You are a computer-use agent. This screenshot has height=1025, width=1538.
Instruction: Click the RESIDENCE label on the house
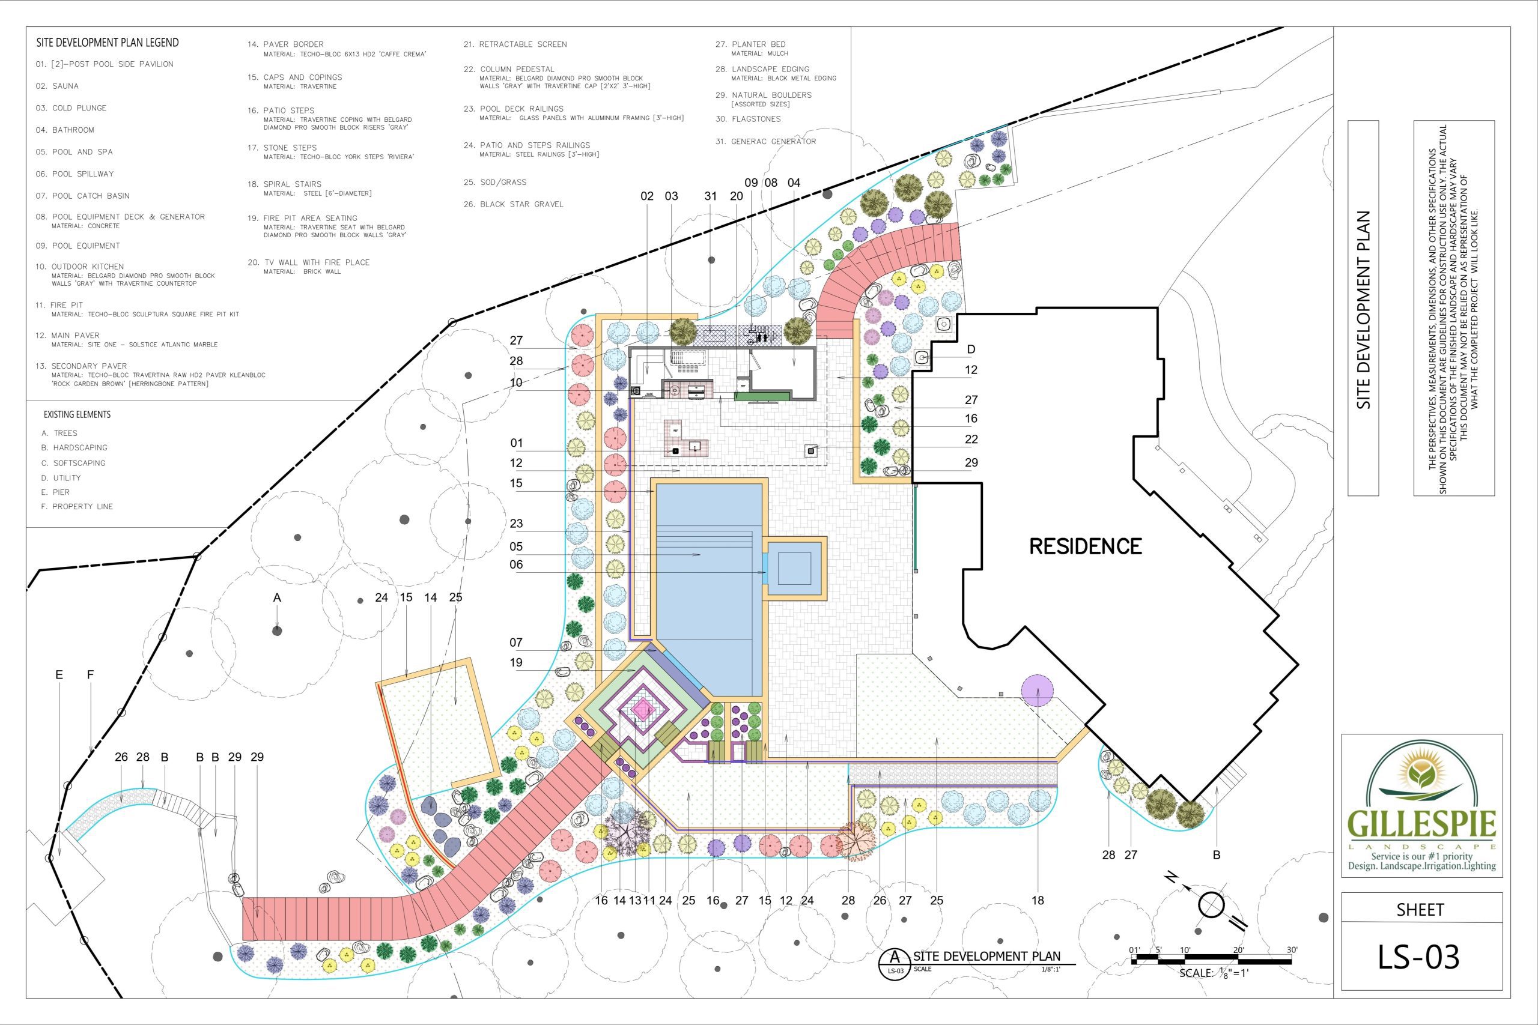pyautogui.click(x=1086, y=546)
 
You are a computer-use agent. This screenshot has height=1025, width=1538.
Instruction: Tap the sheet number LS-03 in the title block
pyautogui.click(x=1418, y=957)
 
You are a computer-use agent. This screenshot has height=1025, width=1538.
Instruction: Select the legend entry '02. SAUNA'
pyautogui.click(x=57, y=86)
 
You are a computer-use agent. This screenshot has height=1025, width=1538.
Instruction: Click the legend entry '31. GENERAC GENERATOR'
pyautogui.click(x=766, y=141)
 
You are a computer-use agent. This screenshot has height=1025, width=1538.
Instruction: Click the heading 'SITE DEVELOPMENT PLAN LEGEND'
pyautogui.click(x=108, y=43)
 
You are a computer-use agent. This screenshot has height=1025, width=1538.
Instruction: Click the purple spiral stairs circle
pyautogui.click(x=1037, y=691)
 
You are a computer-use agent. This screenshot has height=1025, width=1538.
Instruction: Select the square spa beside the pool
pyautogui.click(x=794, y=568)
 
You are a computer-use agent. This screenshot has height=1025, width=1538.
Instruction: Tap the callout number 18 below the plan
pyautogui.click(x=1038, y=900)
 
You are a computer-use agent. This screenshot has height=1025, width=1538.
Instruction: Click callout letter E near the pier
pyautogui.click(x=59, y=674)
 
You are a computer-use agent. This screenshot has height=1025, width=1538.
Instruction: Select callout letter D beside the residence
pyautogui.click(x=971, y=349)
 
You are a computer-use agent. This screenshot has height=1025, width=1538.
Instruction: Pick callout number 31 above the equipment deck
pyautogui.click(x=711, y=196)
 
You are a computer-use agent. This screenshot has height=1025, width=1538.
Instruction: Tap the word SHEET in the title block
pyautogui.click(x=1420, y=910)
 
